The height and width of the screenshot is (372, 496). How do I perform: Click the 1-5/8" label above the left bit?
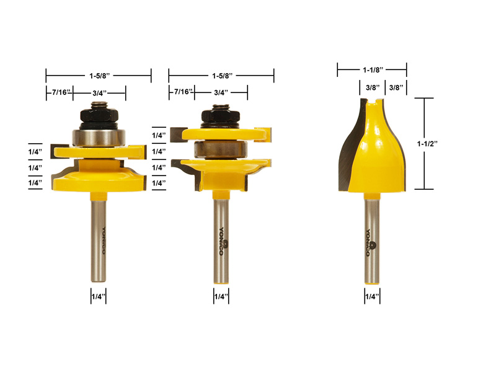click(99, 76)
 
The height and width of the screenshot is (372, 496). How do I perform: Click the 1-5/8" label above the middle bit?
click(222, 76)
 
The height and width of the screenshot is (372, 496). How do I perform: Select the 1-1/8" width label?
click(373, 69)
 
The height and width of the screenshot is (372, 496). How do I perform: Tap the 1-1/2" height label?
click(427, 144)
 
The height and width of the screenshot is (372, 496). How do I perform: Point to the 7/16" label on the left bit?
click(60, 92)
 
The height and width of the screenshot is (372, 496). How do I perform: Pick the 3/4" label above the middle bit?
click(221, 92)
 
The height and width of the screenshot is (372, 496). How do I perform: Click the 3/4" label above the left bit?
click(99, 93)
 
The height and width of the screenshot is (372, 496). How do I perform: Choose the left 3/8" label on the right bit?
click(373, 87)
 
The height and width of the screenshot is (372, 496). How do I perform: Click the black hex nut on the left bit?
click(99, 116)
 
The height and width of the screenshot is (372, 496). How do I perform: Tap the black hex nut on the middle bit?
click(221, 116)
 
